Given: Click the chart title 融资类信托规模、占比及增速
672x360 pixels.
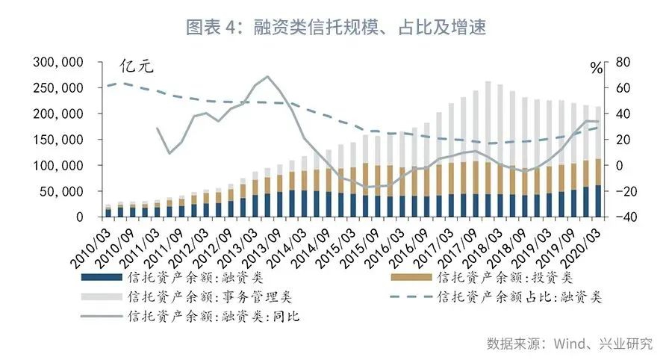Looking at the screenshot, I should click(x=336, y=28).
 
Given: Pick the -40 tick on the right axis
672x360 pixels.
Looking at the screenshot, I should click(x=622, y=217).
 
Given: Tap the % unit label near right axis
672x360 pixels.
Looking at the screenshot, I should click(x=596, y=68).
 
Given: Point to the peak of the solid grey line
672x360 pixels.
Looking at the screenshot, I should click(x=267, y=76).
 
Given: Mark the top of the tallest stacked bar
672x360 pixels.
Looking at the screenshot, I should click(x=488, y=81).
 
